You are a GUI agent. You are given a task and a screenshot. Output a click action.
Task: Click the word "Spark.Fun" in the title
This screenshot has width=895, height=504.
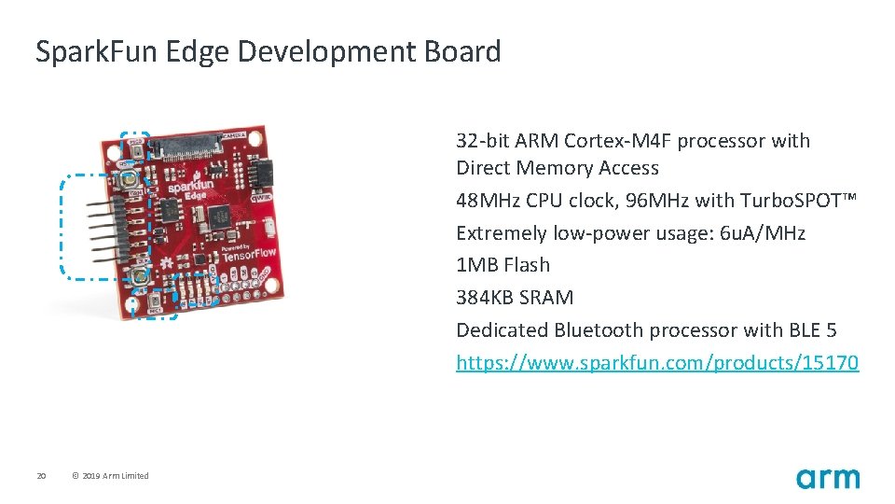pos(97,51)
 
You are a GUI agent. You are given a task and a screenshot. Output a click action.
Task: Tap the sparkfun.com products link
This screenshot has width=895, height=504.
pos(657,362)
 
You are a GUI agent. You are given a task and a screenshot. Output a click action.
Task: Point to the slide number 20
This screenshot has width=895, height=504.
pos(41,476)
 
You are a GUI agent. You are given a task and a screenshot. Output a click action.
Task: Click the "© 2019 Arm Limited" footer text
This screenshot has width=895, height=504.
pos(110,476)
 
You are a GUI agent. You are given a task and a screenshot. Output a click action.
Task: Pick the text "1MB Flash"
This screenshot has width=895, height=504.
pos(503,265)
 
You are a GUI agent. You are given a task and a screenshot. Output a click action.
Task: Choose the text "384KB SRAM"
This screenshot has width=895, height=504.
pos(515,298)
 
